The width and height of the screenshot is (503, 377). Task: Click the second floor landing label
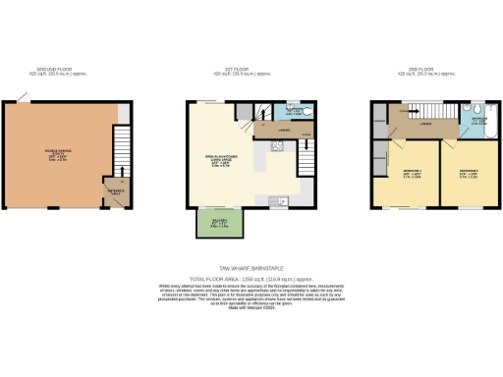[x=424, y=125]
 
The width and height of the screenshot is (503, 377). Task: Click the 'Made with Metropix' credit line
[x=251, y=309]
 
